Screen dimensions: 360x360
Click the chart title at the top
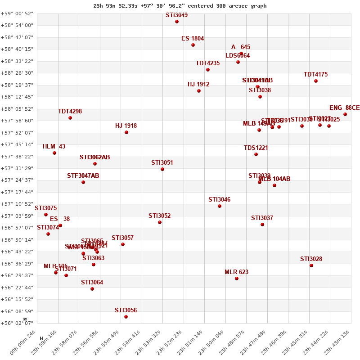[180, 6]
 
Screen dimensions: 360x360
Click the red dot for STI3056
[126, 317]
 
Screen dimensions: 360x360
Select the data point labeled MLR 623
[237, 279]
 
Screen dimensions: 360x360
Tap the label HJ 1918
[126, 126]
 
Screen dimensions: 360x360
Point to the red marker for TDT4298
[70, 118]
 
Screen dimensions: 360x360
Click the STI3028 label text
[311, 259]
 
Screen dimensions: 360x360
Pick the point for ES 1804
[193, 45]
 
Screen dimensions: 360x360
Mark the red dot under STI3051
[162, 169]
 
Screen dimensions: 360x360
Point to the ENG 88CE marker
[345, 114]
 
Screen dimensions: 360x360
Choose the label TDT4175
[315, 75]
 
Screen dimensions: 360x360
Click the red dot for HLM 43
[54, 153]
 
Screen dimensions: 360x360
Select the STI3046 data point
[220, 206]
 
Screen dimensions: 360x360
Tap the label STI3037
[262, 218]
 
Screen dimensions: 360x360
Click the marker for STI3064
[92, 289]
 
